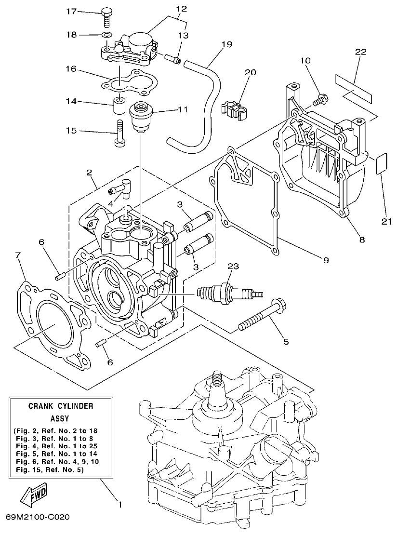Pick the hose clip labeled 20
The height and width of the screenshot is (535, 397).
[x=233, y=109]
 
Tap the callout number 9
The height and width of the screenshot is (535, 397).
[x=326, y=260]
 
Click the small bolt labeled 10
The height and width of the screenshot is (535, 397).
[x=320, y=100]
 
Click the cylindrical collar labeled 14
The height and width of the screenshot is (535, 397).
[x=118, y=106]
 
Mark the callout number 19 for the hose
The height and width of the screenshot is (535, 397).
[x=227, y=44]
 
